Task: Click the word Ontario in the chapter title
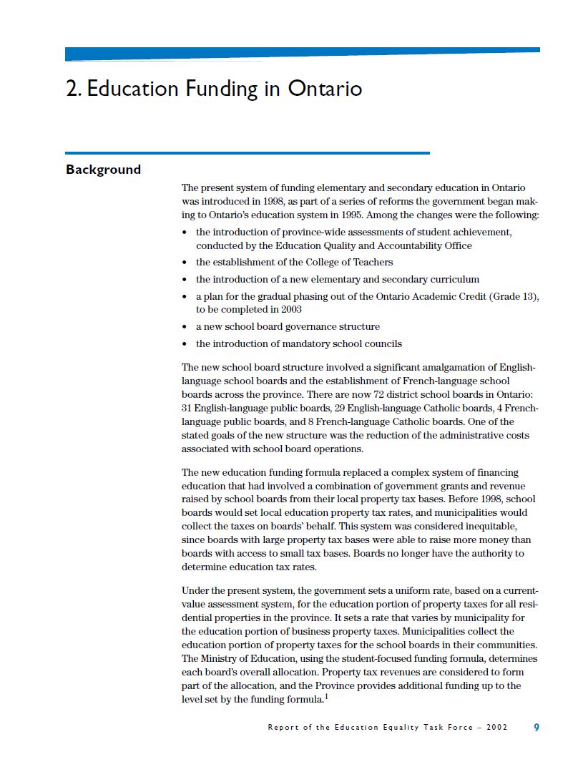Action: tap(325, 89)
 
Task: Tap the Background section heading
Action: tap(103, 170)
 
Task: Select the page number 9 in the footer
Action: tap(537, 727)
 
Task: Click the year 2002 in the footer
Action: tap(496, 727)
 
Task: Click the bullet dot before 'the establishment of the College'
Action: tap(185, 263)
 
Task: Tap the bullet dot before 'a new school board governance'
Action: tap(185, 327)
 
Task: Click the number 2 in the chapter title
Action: tap(71, 89)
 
